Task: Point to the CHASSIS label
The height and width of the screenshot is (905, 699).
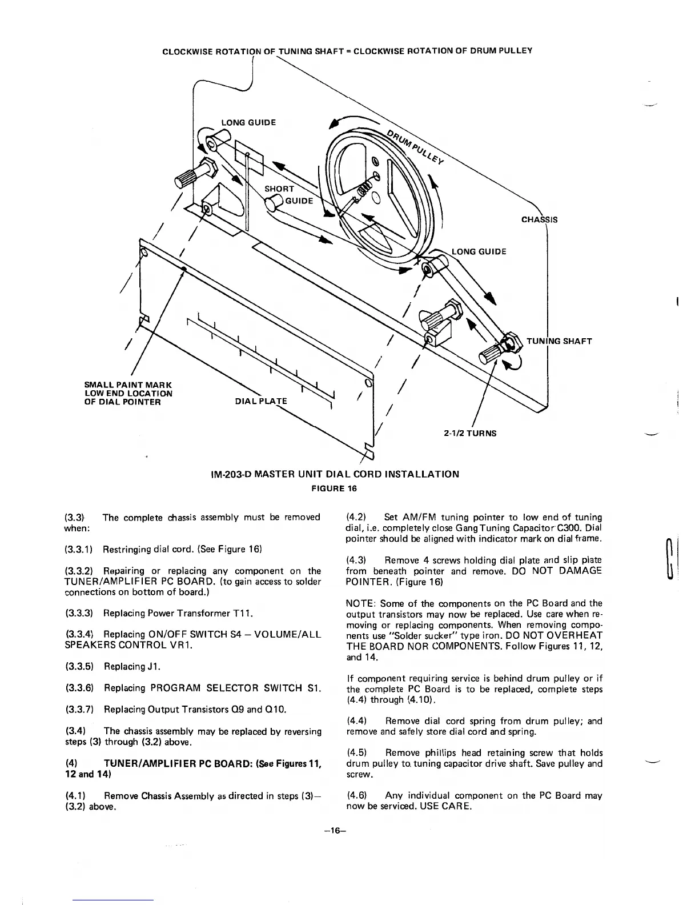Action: pos(540,220)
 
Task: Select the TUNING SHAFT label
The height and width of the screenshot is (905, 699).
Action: pos(559,342)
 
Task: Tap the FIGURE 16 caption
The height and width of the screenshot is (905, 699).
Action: pos(334,488)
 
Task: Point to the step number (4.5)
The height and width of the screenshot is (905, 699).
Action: pos(356,753)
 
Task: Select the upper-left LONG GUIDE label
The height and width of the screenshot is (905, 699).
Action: pos(248,122)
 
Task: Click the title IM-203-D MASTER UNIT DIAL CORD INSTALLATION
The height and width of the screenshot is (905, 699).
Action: pos(334,474)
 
